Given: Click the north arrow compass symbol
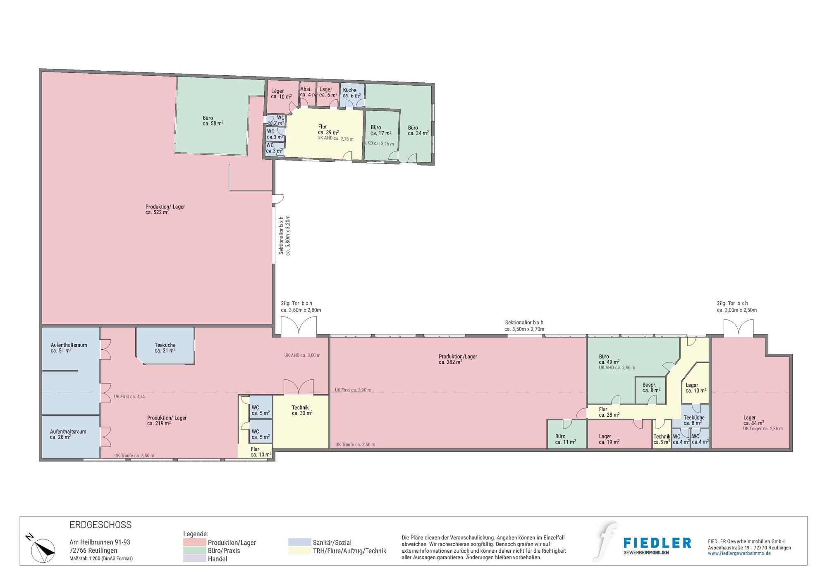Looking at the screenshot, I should pos(43,550).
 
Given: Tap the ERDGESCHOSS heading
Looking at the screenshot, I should pos(100,525).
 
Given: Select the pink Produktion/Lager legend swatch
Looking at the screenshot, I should pos(194,542).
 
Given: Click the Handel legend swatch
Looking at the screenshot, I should pos(194,559).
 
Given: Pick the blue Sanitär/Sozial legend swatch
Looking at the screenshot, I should pos(299,542).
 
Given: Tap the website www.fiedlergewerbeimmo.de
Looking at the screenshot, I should pos(739,554).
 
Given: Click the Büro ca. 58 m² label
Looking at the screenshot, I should pos(213,121).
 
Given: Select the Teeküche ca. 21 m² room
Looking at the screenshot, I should pos(165,348).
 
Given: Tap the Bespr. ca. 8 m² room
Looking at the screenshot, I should pos(651,388).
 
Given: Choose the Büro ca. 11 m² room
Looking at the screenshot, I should pos(565,439).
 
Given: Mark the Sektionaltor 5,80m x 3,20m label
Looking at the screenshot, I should pos(284,235).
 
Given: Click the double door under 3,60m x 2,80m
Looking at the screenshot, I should pos(299,327).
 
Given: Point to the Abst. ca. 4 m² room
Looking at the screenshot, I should pos(308,92).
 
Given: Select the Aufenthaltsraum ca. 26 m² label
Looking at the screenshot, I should pos(68,434).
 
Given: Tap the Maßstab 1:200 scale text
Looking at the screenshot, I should pos(101,559).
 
